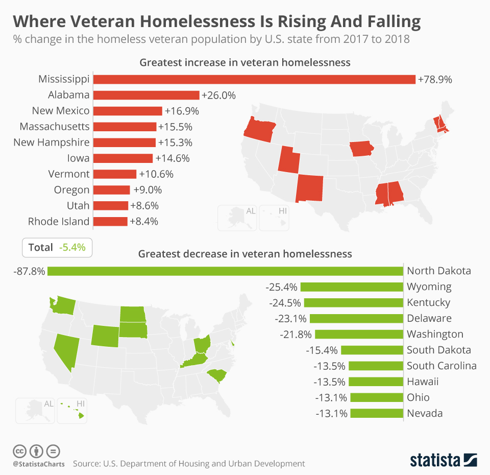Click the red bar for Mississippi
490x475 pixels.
(x=254, y=79)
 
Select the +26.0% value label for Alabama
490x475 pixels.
(x=219, y=95)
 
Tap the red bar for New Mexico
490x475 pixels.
(x=128, y=111)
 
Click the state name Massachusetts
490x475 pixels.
(x=54, y=127)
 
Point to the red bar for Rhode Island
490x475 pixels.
(x=110, y=222)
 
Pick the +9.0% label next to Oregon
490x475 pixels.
(x=148, y=190)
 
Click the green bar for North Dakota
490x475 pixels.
(x=225, y=271)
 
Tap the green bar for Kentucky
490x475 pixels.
(x=353, y=303)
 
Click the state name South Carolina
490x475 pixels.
(x=442, y=366)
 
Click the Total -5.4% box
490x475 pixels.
(x=57, y=248)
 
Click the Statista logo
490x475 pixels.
(x=443, y=460)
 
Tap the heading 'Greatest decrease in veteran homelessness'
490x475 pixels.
(x=245, y=254)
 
